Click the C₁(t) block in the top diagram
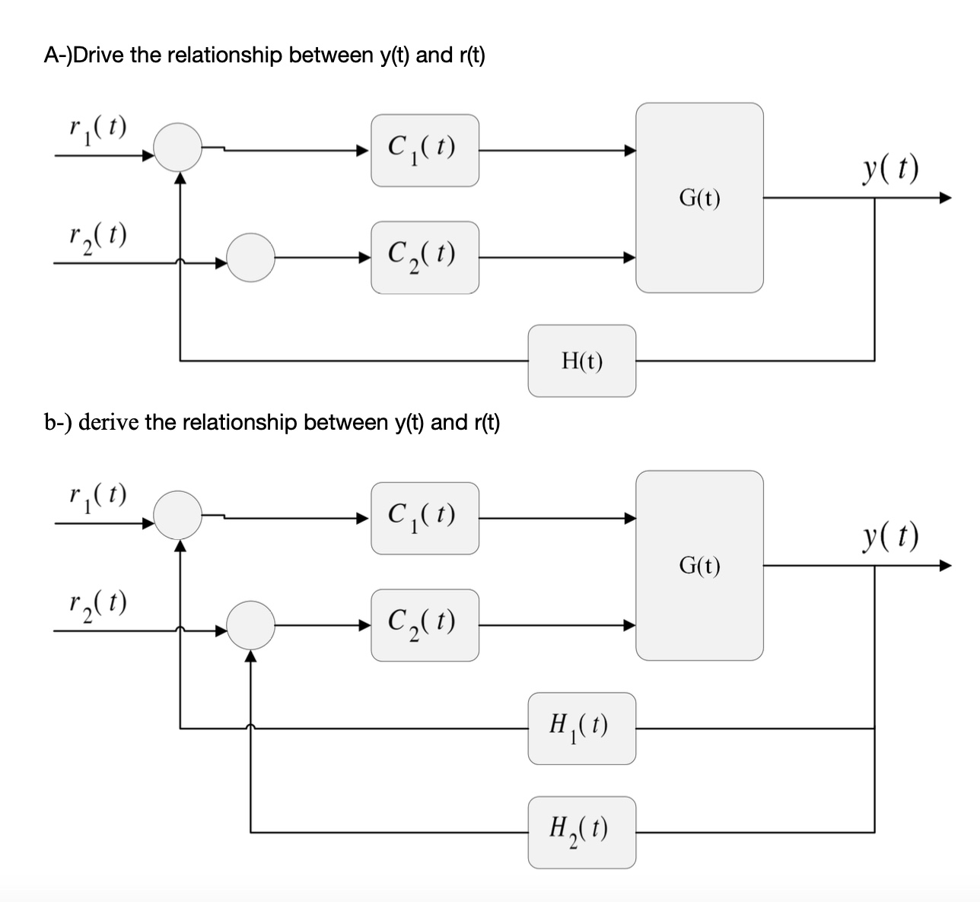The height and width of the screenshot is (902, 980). pyautogui.click(x=425, y=150)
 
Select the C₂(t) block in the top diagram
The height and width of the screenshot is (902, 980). pyautogui.click(x=425, y=257)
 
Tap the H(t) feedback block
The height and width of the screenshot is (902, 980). pyautogui.click(x=582, y=360)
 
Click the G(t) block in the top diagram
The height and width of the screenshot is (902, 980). pyautogui.click(x=699, y=198)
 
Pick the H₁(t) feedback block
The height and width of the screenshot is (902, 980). pyautogui.click(x=582, y=728)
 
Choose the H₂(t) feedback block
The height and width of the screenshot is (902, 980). pyautogui.click(x=582, y=832)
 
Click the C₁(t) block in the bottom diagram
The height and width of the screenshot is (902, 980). pyautogui.click(x=425, y=517)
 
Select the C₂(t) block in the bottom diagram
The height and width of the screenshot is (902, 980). pyautogui.click(x=425, y=624)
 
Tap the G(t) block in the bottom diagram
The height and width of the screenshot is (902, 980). pyautogui.click(x=699, y=565)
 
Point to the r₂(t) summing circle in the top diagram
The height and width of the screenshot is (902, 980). pyautogui.click(x=251, y=257)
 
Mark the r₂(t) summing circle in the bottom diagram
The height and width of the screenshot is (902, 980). pyautogui.click(x=251, y=624)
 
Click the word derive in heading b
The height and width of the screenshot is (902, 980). pyautogui.click(x=109, y=422)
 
